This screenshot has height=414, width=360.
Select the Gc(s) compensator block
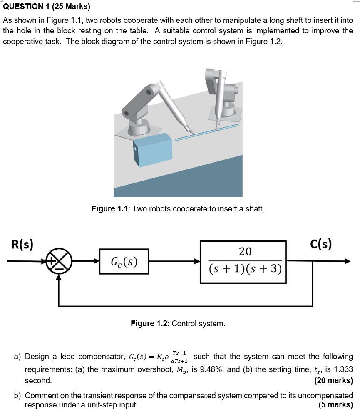pyautogui.click(x=124, y=261)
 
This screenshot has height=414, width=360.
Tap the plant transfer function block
pyautogui.click(x=243, y=262)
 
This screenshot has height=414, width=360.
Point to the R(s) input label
pyautogui.click(x=22, y=244)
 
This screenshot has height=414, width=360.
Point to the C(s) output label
pyautogui.click(x=321, y=244)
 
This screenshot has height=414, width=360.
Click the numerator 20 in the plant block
pyautogui.click(x=245, y=252)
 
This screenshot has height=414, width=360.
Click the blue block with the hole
pyautogui.click(x=152, y=150)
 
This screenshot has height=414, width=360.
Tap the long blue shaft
pyautogui.click(x=208, y=132)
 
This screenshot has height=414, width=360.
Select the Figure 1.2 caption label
pyautogui.click(x=149, y=324)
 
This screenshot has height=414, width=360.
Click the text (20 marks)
pyautogui.click(x=333, y=380)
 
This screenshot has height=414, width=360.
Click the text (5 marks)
pyautogui.click(x=335, y=404)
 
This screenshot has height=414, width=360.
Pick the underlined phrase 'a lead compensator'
pyautogui.click(x=88, y=357)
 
